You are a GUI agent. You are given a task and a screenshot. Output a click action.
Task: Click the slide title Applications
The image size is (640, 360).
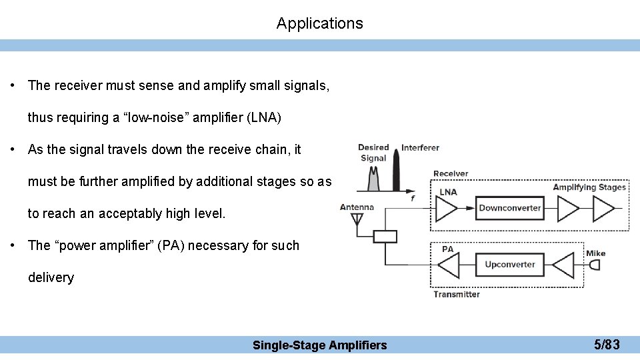point(320,23)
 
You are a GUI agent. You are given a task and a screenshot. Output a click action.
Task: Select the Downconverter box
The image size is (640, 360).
point(510,208)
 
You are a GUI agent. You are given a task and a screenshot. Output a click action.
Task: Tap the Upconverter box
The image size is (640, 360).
point(510,265)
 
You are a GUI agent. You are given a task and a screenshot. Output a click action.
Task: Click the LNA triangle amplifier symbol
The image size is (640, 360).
point(447,209)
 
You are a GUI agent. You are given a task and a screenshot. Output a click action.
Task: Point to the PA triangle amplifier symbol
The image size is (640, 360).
point(448,265)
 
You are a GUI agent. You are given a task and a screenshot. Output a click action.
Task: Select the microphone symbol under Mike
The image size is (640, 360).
point(594,265)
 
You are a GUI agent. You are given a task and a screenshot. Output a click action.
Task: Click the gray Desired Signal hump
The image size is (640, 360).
point(373,179)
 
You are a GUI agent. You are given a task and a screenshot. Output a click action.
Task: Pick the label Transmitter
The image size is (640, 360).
point(456,294)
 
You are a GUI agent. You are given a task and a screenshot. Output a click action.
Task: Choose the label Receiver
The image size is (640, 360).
point(451,174)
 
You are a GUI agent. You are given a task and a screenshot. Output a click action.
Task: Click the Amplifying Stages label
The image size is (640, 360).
point(589,187)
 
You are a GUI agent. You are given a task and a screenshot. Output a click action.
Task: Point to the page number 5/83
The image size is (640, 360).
point(607,345)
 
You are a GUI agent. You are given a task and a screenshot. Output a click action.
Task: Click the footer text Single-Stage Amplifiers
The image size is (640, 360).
point(319,345)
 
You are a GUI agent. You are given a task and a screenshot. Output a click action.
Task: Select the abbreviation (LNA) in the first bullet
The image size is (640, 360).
point(264,118)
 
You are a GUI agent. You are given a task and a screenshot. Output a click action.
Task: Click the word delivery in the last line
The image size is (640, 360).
point(51,277)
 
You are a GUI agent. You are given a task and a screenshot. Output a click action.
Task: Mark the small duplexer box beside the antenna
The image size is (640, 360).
point(385,237)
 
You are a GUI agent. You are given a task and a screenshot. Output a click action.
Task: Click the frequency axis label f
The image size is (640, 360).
point(413,197)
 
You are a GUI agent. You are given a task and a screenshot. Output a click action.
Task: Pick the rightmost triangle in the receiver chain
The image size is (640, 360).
point(603,209)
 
